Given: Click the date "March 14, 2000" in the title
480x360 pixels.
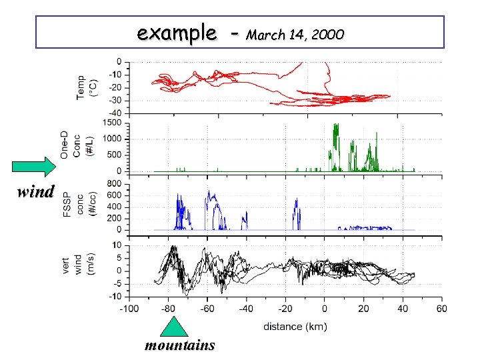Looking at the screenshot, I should pyautogui.click(x=295, y=34).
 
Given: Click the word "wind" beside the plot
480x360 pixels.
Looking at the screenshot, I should pyautogui.click(x=35, y=192).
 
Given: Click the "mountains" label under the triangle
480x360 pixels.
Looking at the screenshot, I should pyautogui.click(x=179, y=345).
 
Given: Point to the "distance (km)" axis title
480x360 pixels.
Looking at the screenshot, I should pyautogui.click(x=294, y=327).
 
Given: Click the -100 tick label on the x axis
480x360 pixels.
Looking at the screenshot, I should pyautogui.click(x=129, y=309).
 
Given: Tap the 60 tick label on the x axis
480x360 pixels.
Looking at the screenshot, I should pyautogui.click(x=441, y=309).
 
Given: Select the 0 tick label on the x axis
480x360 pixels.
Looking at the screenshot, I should pyautogui.click(x=325, y=309).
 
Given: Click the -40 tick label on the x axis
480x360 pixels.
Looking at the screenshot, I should pyautogui.click(x=246, y=309).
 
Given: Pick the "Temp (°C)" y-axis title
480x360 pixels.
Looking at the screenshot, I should pyautogui.click(x=87, y=87).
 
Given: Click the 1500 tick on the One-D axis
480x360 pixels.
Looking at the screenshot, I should pyautogui.click(x=111, y=123).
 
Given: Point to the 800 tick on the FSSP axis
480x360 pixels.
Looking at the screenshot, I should pyautogui.click(x=113, y=183).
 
